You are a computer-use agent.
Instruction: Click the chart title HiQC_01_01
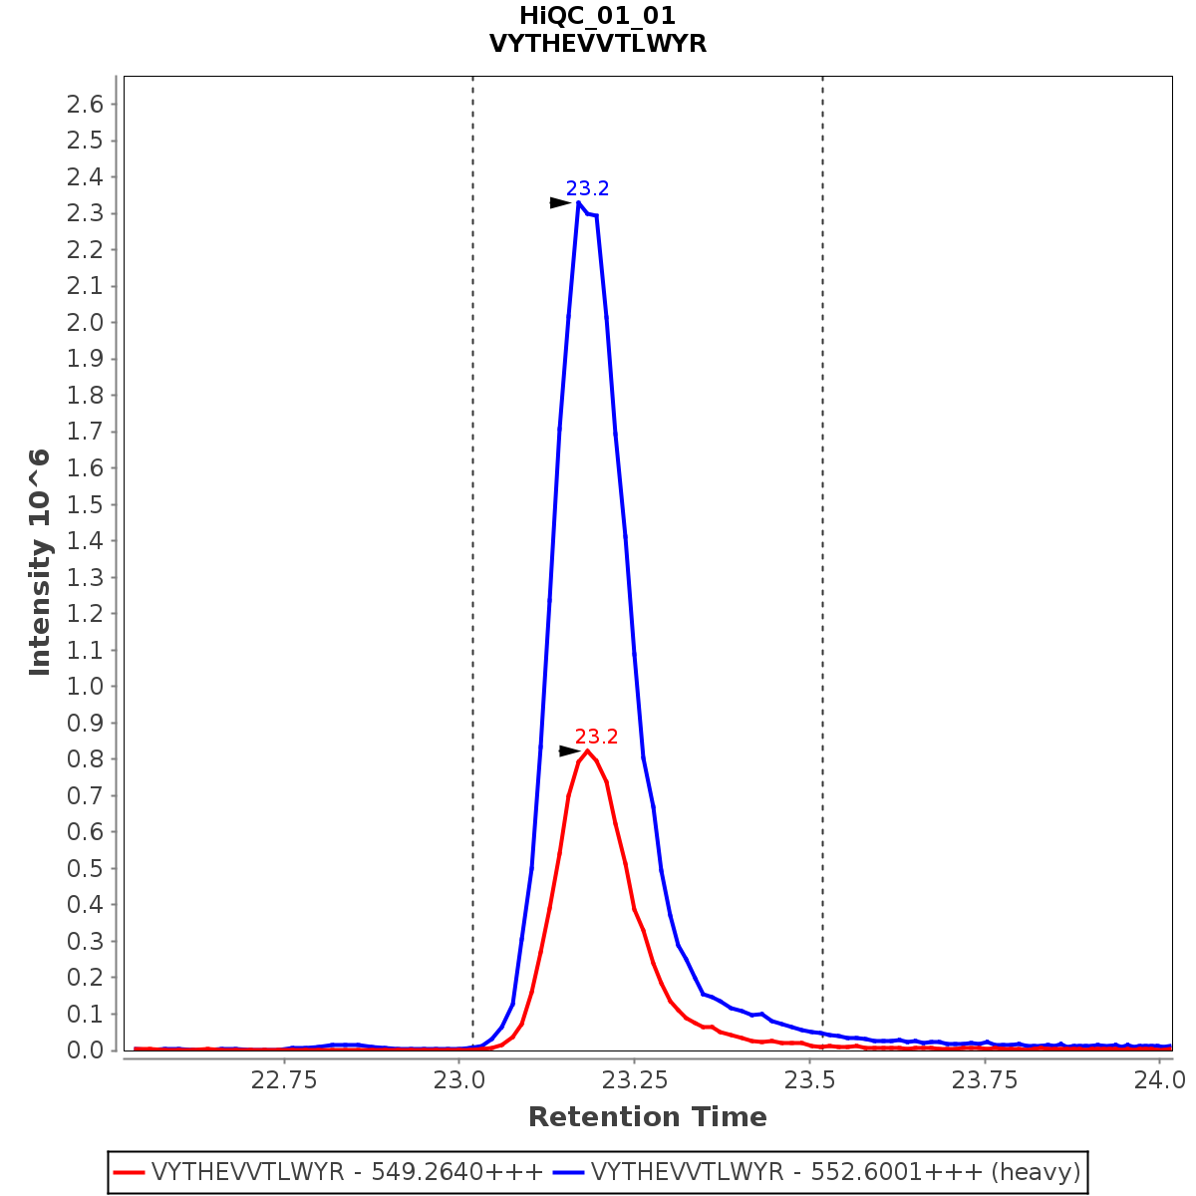[597, 16]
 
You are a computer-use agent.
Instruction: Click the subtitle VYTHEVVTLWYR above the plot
[597, 44]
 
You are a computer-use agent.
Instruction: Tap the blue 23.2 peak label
[587, 188]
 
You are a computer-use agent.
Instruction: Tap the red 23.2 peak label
[596, 738]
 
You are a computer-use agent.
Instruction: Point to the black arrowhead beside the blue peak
[561, 202]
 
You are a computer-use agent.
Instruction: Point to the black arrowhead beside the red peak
[569, 750]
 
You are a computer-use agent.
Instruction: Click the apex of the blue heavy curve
[578, 202]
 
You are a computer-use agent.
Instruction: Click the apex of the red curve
[587, 750]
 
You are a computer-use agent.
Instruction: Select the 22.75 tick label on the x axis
[284, 1079]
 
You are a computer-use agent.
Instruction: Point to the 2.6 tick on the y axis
[85, 104]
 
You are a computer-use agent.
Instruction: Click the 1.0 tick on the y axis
[85, 687]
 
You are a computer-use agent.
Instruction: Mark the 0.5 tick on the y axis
[85, 868]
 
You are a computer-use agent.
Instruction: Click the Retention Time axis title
[647, 1117]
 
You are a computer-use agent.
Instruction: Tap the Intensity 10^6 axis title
[40, 562]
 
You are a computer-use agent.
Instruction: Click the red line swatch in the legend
[130, 1171]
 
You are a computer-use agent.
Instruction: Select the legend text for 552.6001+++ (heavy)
[835, 1171]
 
